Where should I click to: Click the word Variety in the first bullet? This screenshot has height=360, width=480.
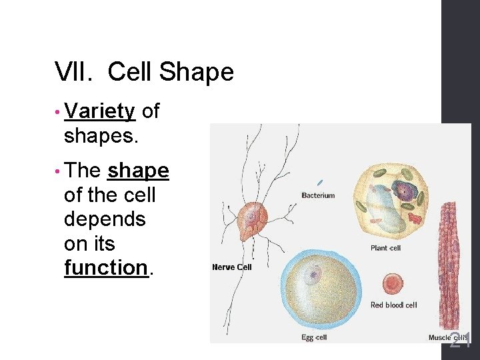(x=100, y=112)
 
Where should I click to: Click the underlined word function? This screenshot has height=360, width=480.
(x=105, y=268)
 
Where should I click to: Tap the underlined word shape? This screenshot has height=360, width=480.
(x=138, y=171)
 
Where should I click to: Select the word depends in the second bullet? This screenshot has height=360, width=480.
(x=104, y=220)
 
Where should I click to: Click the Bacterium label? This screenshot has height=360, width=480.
(x=318, y=195)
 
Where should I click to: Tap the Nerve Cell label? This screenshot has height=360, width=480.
(x=232, y=267)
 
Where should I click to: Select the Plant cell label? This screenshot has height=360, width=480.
(x=385, y=248)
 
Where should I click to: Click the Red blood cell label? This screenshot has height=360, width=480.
(x=393, y=305)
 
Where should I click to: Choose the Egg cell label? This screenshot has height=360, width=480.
(x=314, y=338)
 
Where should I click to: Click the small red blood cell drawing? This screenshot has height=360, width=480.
(x=393, y=283)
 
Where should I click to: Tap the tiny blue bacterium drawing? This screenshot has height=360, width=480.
(x=320, y=182)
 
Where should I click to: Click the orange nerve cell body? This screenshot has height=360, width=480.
(x=252, y=220)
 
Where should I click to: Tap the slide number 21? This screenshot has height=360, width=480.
(x=460, y=341)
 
